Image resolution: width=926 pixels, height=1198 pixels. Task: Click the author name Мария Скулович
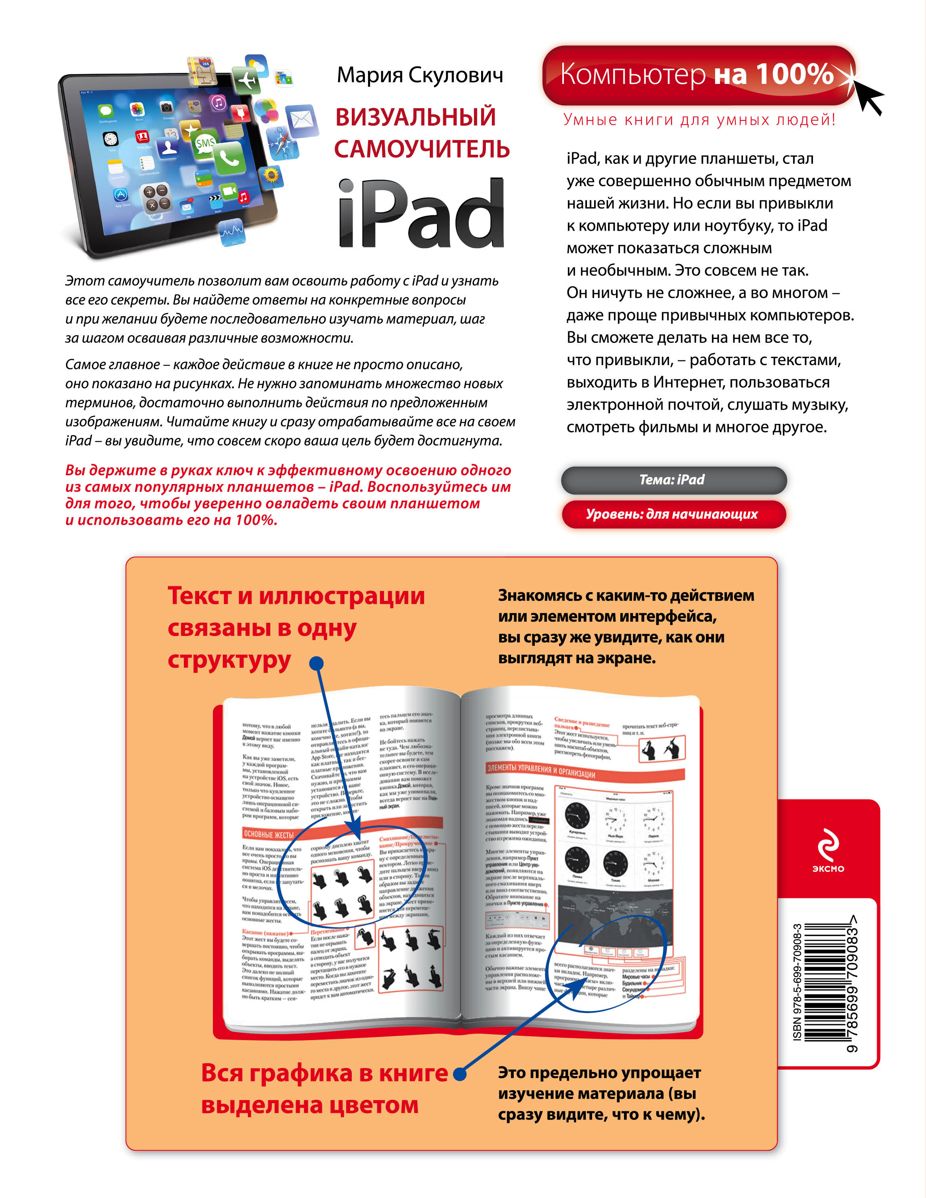pos(419,75)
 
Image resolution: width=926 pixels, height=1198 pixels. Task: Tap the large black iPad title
pos(421,214)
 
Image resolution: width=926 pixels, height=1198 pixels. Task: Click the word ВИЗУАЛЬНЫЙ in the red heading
pos(415,117)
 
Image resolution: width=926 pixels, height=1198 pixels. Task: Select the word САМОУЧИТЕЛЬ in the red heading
pos(421,149)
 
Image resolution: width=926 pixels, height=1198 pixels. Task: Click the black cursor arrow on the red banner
pos(866,93)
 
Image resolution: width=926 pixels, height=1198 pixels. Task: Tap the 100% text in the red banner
pos(794,74)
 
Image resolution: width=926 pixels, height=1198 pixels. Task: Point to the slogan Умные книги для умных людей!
pos(699,120)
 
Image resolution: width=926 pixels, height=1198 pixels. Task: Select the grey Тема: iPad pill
pos(673,480)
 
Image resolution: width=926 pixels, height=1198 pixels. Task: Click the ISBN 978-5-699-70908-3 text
pos(797,982)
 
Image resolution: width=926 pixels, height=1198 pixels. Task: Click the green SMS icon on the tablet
pos(205,144)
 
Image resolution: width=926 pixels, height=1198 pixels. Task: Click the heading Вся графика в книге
pos(324,1073)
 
